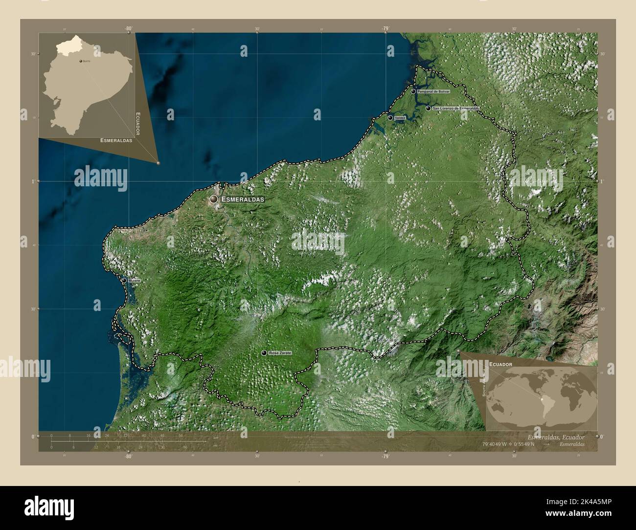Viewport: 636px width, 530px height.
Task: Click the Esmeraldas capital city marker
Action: point(214,199)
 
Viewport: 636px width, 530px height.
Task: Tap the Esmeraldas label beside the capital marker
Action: point(243,199)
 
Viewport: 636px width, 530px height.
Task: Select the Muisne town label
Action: point(135,281)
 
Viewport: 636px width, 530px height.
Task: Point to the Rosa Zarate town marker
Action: point(264,353)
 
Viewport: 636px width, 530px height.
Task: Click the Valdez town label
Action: point(400,118)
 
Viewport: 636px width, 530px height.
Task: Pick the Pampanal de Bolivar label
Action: point(433,91)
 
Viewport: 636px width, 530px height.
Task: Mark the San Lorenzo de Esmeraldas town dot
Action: point(428,108)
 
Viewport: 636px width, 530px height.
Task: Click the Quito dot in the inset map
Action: point(81,62)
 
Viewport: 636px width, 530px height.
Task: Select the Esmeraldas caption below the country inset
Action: point(116,140)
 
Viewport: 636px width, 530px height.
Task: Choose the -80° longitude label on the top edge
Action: point(128,29)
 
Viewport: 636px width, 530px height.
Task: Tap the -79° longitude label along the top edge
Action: point(386,29)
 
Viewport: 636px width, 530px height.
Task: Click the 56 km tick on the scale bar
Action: point(181,435)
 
